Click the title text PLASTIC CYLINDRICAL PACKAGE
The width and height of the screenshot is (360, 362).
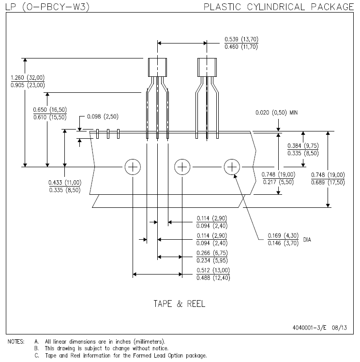[x=279, y=7]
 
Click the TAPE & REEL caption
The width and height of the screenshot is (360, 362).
[x=179, y=304]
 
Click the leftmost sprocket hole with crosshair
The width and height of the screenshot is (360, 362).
[x=132, y=167]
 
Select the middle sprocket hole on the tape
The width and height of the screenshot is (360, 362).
[x=182, y=167]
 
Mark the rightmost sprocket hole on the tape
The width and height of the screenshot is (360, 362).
[x=232, y=167]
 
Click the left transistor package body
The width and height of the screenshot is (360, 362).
[x=158, y=67]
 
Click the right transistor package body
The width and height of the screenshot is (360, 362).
[x=207, y=67]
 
